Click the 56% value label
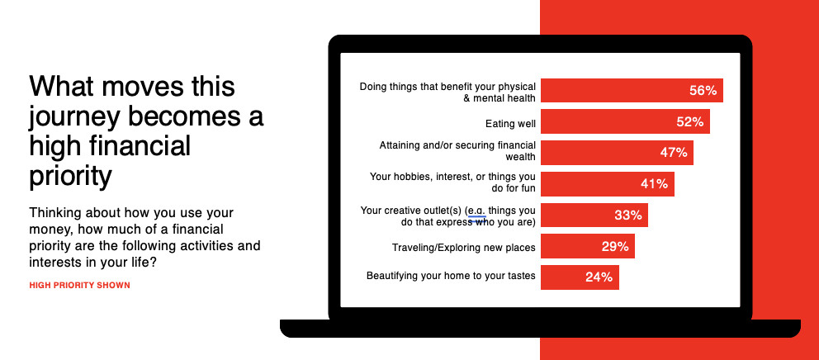[703, 90]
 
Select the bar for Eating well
[625, 121]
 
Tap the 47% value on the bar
[673, 153]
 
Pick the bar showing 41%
[608, 184]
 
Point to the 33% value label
[627, 215]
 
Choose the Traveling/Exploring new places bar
[588, 246]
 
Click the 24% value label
[599, 277]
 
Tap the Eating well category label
[510, 124]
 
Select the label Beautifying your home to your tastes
[451, 275]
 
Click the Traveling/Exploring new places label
[464, 247]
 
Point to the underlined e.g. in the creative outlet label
[477, 211]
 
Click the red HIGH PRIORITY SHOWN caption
[79, 286]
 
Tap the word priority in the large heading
[70, 176]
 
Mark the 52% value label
[690, 121]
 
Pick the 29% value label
[615, 246]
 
